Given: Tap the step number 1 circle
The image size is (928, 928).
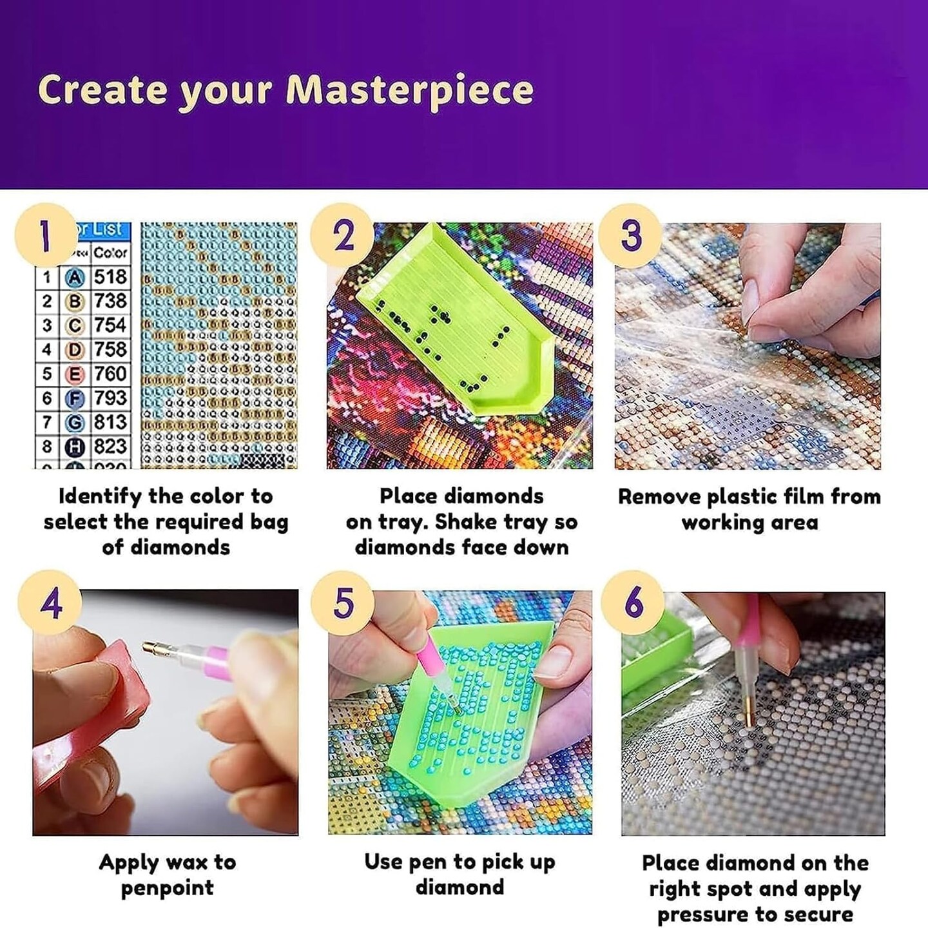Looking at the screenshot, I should tap(45, 235).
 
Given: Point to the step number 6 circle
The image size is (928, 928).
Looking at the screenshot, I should tap(633, 603).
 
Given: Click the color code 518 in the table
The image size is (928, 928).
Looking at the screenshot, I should tap(110, 277).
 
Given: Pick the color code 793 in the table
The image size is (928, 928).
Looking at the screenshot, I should tap(110, 398).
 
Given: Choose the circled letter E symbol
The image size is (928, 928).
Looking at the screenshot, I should tap(75, 374).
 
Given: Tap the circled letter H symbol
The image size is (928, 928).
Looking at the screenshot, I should tap(75, 447).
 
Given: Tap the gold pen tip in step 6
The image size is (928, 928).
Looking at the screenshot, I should tap(751, 715).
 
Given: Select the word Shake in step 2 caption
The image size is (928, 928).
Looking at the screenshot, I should tap(460, 522).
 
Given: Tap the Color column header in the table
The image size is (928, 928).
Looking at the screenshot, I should tap(110, 253).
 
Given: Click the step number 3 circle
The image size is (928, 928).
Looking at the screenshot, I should tap(631, 235).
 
